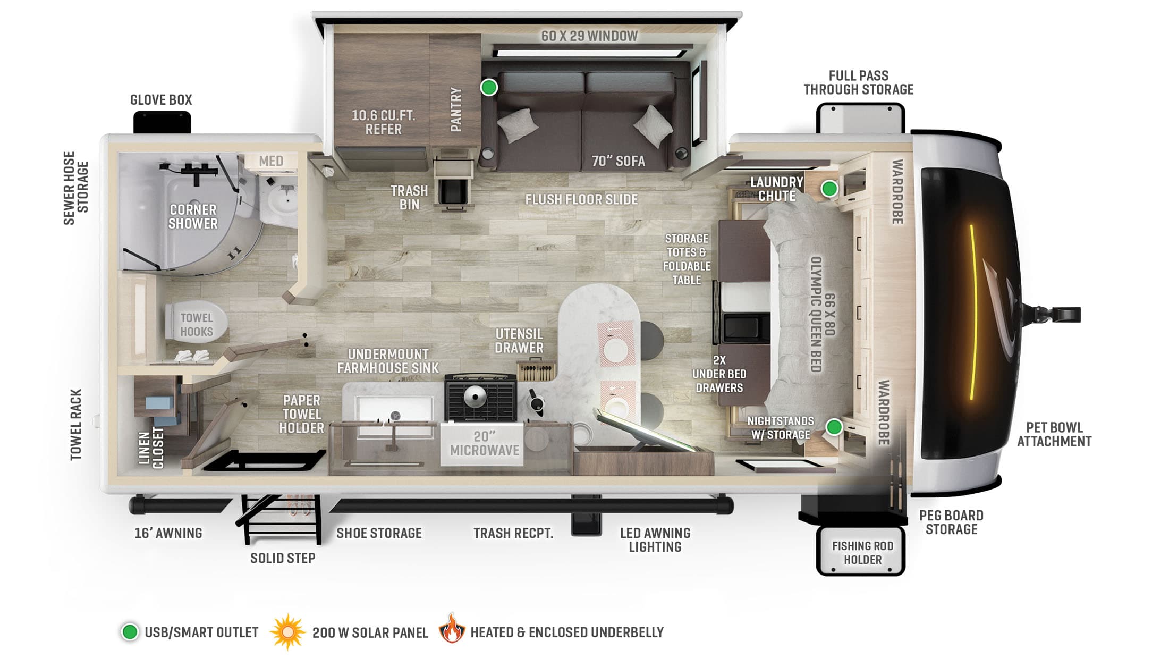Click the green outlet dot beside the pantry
tap(489, 87)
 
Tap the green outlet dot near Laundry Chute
tap(829, 189)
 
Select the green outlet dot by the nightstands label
tap(834, 427)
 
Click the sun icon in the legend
tap(287, 632)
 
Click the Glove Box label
tap(161, 100)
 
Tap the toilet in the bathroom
tap(196, 323)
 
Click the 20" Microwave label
tap(484, 444)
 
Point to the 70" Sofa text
tap(619, 161)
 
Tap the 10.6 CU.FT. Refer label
tap(383, 122)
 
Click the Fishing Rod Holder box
tap(862, 552)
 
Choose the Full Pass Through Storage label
tap(858, 83)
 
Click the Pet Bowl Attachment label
tap(1054, 435)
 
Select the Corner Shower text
tap(192, 217)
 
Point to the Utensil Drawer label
tap(519, 341)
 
